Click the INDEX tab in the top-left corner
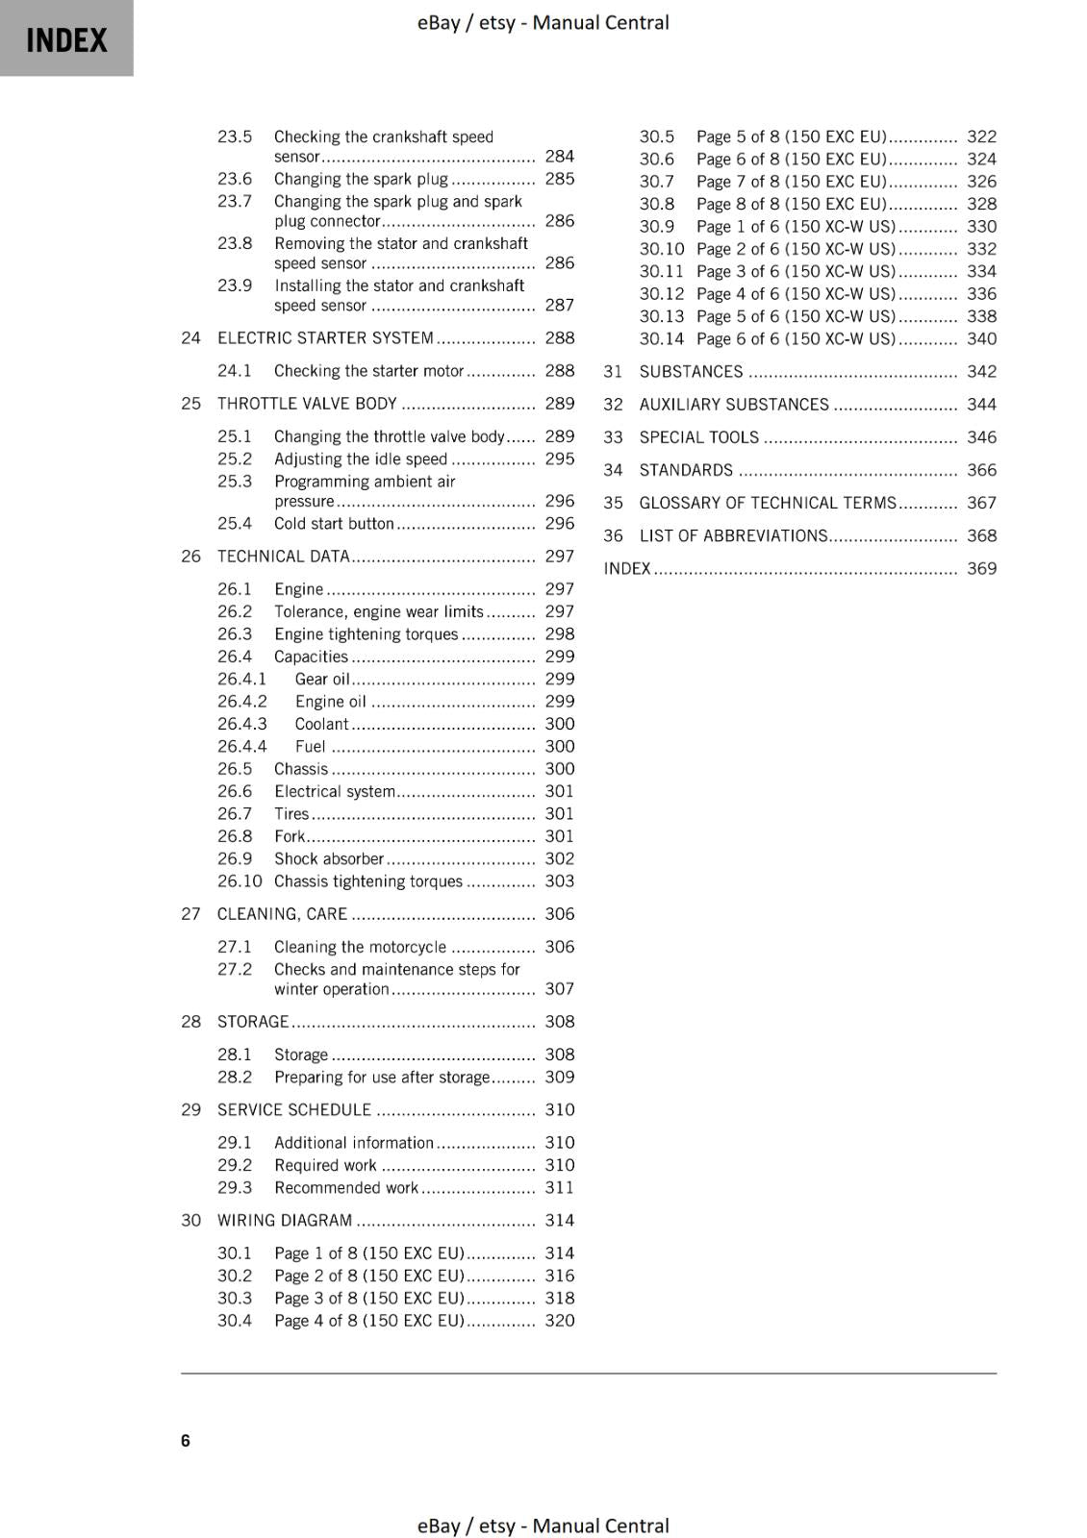[x=66, y=39]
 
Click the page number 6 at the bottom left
[x=186, y=1440]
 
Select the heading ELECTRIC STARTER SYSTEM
[x=325, y=337]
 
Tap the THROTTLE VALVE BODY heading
[x=307, y=404]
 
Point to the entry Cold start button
[x=334, y=524]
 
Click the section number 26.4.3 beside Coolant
[x=242, y=724]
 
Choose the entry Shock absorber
[x=329, y=858]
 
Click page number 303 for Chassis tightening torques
[x=559, y=881]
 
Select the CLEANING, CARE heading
[x=282, y=914]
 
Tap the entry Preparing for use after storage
[x=382, y=1078]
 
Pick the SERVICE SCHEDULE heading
[x=293, y=1110]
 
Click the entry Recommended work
[x=346, y=1188]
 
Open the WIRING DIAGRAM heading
[x=285, y=1221]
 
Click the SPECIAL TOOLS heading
[x=699, y=437]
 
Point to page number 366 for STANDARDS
[x=981, y=470]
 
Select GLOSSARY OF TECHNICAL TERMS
[x=768, y=503]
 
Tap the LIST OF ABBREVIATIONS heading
[x=734, y=535]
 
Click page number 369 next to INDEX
[x=981, y=568]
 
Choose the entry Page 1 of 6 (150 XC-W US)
[x=796, y=227]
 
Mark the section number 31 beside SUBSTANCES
[x=613, y=372]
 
